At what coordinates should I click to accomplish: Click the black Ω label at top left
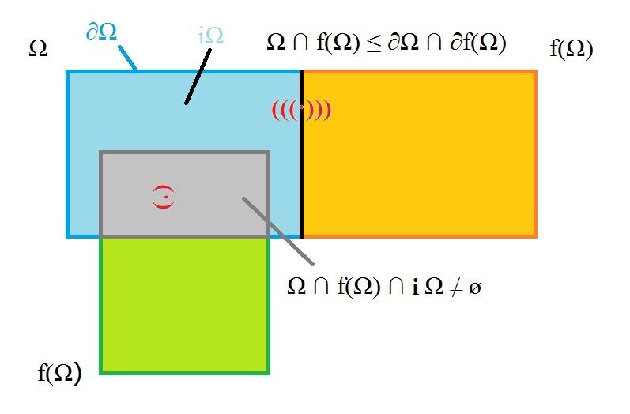38,49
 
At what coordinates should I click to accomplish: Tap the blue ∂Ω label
102,32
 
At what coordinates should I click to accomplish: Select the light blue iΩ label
210,36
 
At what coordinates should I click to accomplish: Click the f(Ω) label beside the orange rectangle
572,49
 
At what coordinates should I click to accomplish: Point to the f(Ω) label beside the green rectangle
59,372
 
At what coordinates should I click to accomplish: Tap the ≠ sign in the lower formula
455,287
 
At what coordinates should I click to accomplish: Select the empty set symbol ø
474,288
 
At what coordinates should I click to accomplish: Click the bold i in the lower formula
416,287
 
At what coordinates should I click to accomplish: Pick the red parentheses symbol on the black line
302,110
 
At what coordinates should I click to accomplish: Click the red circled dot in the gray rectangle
164,197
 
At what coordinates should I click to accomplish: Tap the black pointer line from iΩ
198,77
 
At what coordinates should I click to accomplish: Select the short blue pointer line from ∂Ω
127,58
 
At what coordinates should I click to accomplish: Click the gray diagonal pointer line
278,231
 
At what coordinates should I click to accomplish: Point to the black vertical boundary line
301,154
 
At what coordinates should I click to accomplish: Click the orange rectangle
420,154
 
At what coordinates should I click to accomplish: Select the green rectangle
184,306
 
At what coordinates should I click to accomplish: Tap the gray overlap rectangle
184,194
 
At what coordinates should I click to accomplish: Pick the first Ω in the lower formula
297,287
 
